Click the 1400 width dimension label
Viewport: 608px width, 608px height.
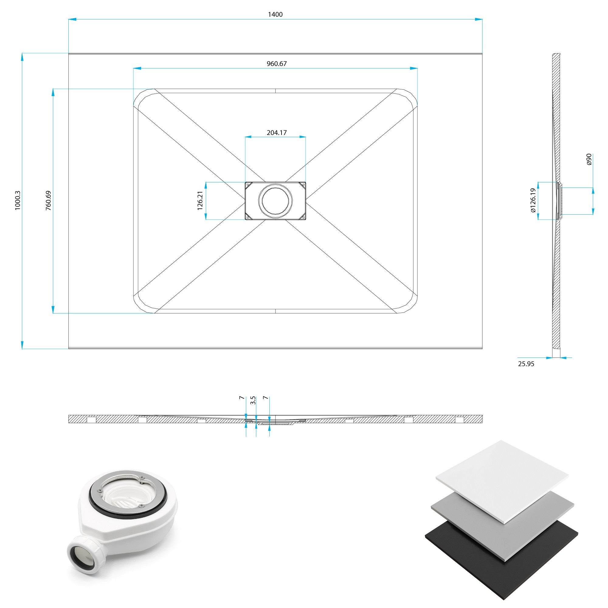(275, 15)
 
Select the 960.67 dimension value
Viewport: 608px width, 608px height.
(277, 64)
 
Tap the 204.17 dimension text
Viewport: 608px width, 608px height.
(277, 133)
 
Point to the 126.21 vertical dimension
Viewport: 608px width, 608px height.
(200, 200)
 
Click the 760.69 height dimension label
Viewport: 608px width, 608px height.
(48, 200)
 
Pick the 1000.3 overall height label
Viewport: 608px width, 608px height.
(18, 200)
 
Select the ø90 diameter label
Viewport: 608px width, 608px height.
(589, 159)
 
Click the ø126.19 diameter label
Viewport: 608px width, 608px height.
(533, 200)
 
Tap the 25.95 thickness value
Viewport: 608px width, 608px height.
(526, 364)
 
